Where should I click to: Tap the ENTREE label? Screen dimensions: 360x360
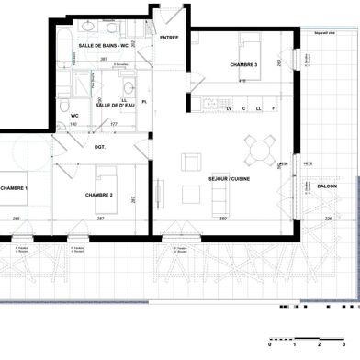tap(170, 38)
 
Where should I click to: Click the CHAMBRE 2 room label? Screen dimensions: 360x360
tap(98, 195)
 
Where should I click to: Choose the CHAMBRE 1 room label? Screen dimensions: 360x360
tap(13, 187)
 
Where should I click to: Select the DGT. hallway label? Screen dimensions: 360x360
tap(100, 146)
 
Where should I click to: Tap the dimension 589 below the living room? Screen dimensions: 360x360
tap(223, 219)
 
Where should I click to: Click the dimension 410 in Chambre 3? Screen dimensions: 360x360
tap(242, 82)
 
